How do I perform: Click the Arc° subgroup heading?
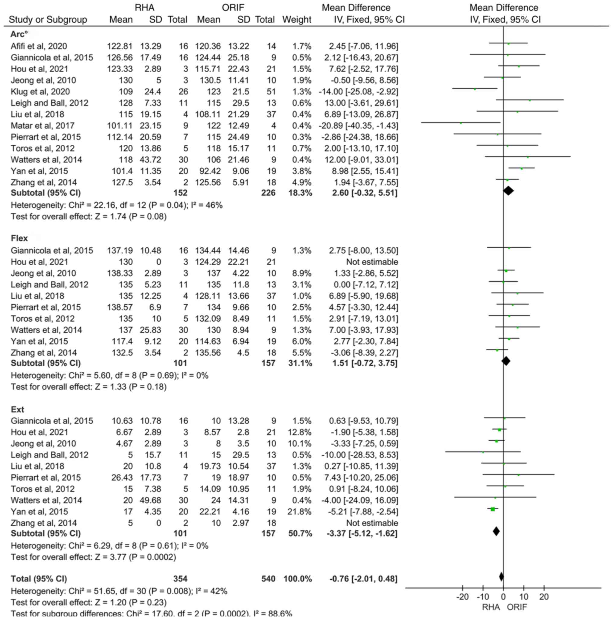coord(19,34)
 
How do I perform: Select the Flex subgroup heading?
coord(19,238)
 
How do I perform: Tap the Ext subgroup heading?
coord(18,410)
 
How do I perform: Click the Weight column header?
coord(297,20)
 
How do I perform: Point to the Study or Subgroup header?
coord(48,20)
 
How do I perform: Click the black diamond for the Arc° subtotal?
coord(508,191)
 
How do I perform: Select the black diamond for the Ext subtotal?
coord(496,531)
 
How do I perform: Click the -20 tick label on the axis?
coord(462,597)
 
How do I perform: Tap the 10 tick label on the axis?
coord(524,597)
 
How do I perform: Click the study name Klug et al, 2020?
coord(40,92)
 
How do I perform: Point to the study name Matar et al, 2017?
coord(43,126)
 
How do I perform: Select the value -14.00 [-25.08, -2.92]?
coord(358,92)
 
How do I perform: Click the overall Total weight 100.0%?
coord(298,579)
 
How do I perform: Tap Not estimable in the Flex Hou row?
coord(372,262)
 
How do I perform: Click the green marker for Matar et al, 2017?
coord(461,123)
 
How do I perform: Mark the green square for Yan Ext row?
coord(493,509)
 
